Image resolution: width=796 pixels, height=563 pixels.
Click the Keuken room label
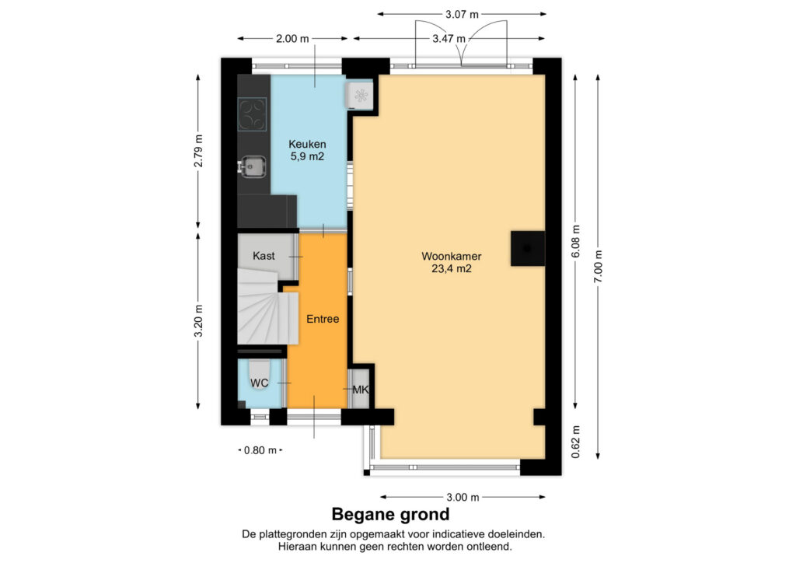307,144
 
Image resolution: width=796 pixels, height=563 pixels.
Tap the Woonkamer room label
452,257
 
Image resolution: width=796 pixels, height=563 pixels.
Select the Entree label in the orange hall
323,319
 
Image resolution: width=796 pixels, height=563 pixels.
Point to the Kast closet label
264,256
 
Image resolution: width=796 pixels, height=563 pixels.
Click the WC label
260,383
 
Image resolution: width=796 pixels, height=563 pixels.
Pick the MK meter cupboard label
361,390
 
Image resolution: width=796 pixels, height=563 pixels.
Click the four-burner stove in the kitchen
253,114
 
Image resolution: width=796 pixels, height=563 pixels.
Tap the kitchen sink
253,166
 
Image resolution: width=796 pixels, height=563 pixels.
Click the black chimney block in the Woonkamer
528,248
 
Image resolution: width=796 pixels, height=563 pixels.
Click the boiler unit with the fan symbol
359,94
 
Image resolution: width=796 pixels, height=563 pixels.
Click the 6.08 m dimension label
576,242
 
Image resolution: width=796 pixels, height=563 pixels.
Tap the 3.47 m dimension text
449,39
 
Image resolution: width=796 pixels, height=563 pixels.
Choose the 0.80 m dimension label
260,450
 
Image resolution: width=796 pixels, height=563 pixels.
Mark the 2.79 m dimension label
198,151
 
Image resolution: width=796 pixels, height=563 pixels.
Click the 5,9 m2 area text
307,156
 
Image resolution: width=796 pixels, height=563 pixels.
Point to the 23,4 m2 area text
452,269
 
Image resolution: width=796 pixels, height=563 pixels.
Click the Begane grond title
390,514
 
